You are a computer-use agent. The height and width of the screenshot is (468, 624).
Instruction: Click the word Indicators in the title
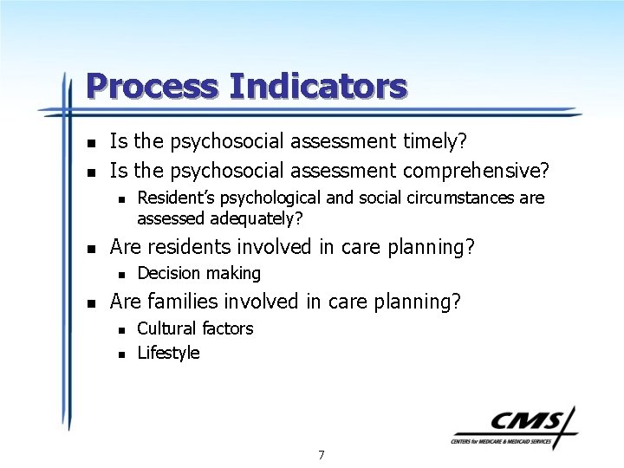pos(318,86)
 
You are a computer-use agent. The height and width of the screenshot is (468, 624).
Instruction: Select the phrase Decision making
pos(198,273)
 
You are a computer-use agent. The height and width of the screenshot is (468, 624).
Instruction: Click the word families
pos(182,301)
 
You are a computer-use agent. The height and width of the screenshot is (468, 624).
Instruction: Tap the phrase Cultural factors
pos(195,328)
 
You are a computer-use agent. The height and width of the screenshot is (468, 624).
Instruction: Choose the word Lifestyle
pos(168,353)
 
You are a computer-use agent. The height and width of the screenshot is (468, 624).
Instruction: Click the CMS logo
pos(512,426)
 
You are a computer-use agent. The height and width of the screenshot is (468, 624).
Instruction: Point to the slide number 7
pos(322,455)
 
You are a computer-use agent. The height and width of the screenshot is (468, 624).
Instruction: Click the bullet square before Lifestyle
pos(121,354)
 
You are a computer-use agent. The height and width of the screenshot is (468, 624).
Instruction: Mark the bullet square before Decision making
pos(121,274)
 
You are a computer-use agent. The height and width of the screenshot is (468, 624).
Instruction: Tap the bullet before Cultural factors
pos(121,329)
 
